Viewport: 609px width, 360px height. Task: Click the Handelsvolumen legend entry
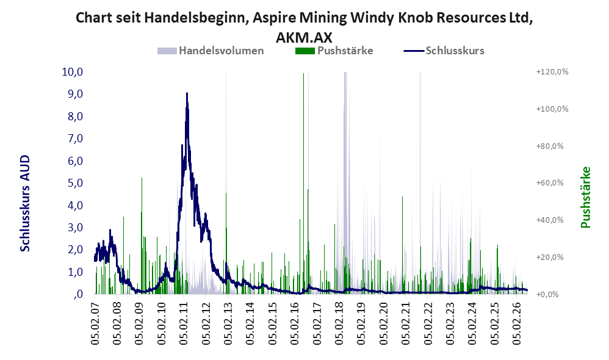[x=211, y=51]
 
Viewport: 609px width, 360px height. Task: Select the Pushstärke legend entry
[x=334, y=51]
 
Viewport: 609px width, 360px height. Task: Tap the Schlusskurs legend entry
[x=444, y=51]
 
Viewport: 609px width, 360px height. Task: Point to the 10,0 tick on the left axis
[x=73, y=72]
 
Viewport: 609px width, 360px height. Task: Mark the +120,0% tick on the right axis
[x=552, y=72]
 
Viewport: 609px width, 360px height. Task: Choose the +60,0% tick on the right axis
[x=550, y=183]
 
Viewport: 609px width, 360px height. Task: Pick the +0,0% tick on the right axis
[x=547, y=294]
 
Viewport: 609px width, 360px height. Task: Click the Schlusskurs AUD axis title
[x=25, y=203]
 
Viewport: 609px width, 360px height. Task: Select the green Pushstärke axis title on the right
[x=585, y=197]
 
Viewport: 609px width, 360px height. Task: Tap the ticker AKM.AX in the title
[x=304, y=37]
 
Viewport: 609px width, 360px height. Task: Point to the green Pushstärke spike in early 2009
[x=142, y=236]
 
